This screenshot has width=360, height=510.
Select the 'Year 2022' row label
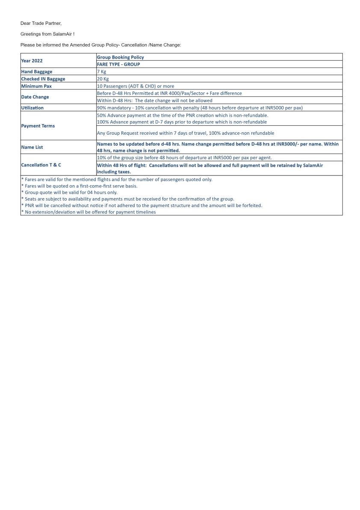click(32, 61)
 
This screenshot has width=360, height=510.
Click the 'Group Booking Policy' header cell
click(120, 57)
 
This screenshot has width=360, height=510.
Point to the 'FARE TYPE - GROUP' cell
click(118, 64)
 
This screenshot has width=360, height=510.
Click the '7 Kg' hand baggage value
click(101, 71)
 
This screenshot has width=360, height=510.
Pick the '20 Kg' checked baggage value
click(103, 79)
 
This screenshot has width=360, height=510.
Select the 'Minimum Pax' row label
click(36, 86)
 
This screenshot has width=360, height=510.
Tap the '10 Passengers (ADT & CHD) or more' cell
click(136, 86)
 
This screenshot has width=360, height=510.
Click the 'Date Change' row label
click(35, 97)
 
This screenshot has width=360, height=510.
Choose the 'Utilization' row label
click(32, 108)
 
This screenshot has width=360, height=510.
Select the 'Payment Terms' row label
click(38, 126)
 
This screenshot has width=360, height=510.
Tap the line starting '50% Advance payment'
click(183, 115)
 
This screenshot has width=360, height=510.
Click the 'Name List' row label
click(32, 147)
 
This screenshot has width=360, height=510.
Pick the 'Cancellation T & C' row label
click(41, 165)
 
